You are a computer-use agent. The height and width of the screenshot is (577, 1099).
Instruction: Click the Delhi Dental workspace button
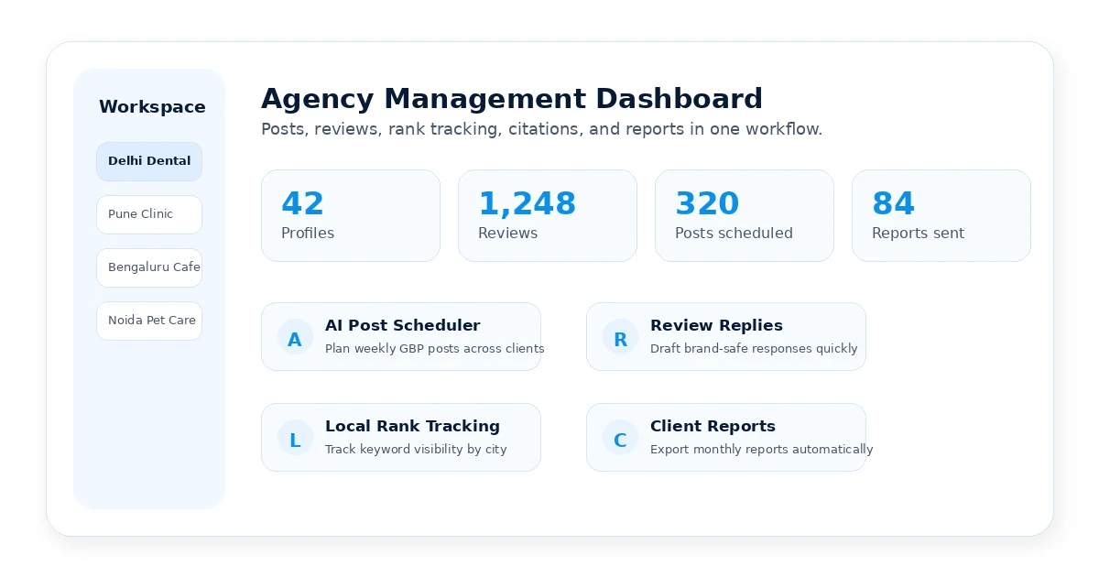coord(149,161)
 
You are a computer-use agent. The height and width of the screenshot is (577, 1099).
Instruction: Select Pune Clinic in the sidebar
coord(149,214)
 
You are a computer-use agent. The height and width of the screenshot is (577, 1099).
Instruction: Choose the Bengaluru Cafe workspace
coord(149,267)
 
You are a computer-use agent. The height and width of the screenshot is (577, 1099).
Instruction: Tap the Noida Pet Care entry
coord(149,321)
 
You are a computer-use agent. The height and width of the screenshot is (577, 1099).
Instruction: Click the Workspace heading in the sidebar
coord(152,107)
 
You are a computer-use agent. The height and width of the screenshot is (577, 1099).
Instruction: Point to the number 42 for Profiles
coord(303,203)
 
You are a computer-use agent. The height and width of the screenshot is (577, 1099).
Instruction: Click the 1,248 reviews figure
coord(527,203)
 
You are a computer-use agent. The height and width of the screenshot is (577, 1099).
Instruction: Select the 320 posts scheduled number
coord(707,203)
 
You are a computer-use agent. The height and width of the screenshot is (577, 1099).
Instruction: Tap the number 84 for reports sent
coord(894,203)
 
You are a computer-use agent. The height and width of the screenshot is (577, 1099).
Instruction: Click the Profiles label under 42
coord(308,233)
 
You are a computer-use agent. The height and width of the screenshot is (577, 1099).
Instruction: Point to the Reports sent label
coord(918,233)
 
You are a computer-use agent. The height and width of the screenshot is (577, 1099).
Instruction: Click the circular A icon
coord(295,337)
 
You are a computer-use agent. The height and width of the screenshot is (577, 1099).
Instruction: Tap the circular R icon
coord(620,337)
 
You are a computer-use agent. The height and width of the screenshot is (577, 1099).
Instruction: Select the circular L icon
coord(295,438)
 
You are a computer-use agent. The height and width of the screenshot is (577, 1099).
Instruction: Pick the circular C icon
coord(620,438)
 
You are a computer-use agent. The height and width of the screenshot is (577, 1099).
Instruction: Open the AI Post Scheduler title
coord(402,325)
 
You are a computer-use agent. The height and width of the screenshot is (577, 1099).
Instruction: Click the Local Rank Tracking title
coord(412,426)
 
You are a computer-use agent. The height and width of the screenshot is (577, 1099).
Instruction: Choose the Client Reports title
coord(713,426)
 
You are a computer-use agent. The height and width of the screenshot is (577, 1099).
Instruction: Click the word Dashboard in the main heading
coord(679,99)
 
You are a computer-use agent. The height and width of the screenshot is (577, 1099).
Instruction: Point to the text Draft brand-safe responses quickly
coord(754,349)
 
